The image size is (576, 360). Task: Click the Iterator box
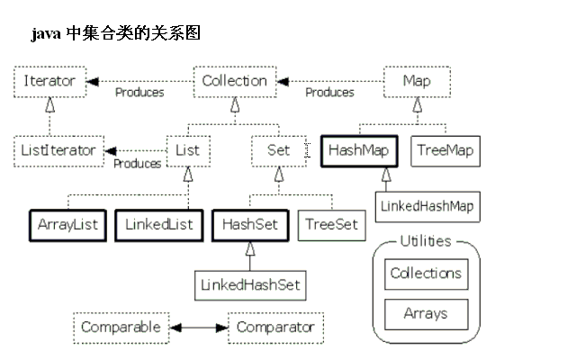tap(49, 81)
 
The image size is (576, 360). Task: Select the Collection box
tap(234, 81)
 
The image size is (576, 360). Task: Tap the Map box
tap(416, 81)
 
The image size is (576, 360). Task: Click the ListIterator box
tap(58, 150)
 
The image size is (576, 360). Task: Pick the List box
tap(188, 150)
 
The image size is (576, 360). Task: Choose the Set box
tap(279, 150)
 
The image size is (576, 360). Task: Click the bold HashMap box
tap(357, 150)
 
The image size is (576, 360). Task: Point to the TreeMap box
tap(444, 150)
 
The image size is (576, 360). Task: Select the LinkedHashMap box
tap(426, 206)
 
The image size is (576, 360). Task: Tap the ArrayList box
tap(67, 224)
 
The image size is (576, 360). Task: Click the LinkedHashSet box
tap(250, 284)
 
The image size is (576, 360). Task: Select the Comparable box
tap(120, 327)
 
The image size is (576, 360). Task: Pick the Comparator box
tap(274, 327)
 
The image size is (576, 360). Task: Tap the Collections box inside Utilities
tap(426, 274)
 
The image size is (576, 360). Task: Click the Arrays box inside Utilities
tap(426, 314)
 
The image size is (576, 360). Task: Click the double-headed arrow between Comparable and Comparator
tap(198, 328)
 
